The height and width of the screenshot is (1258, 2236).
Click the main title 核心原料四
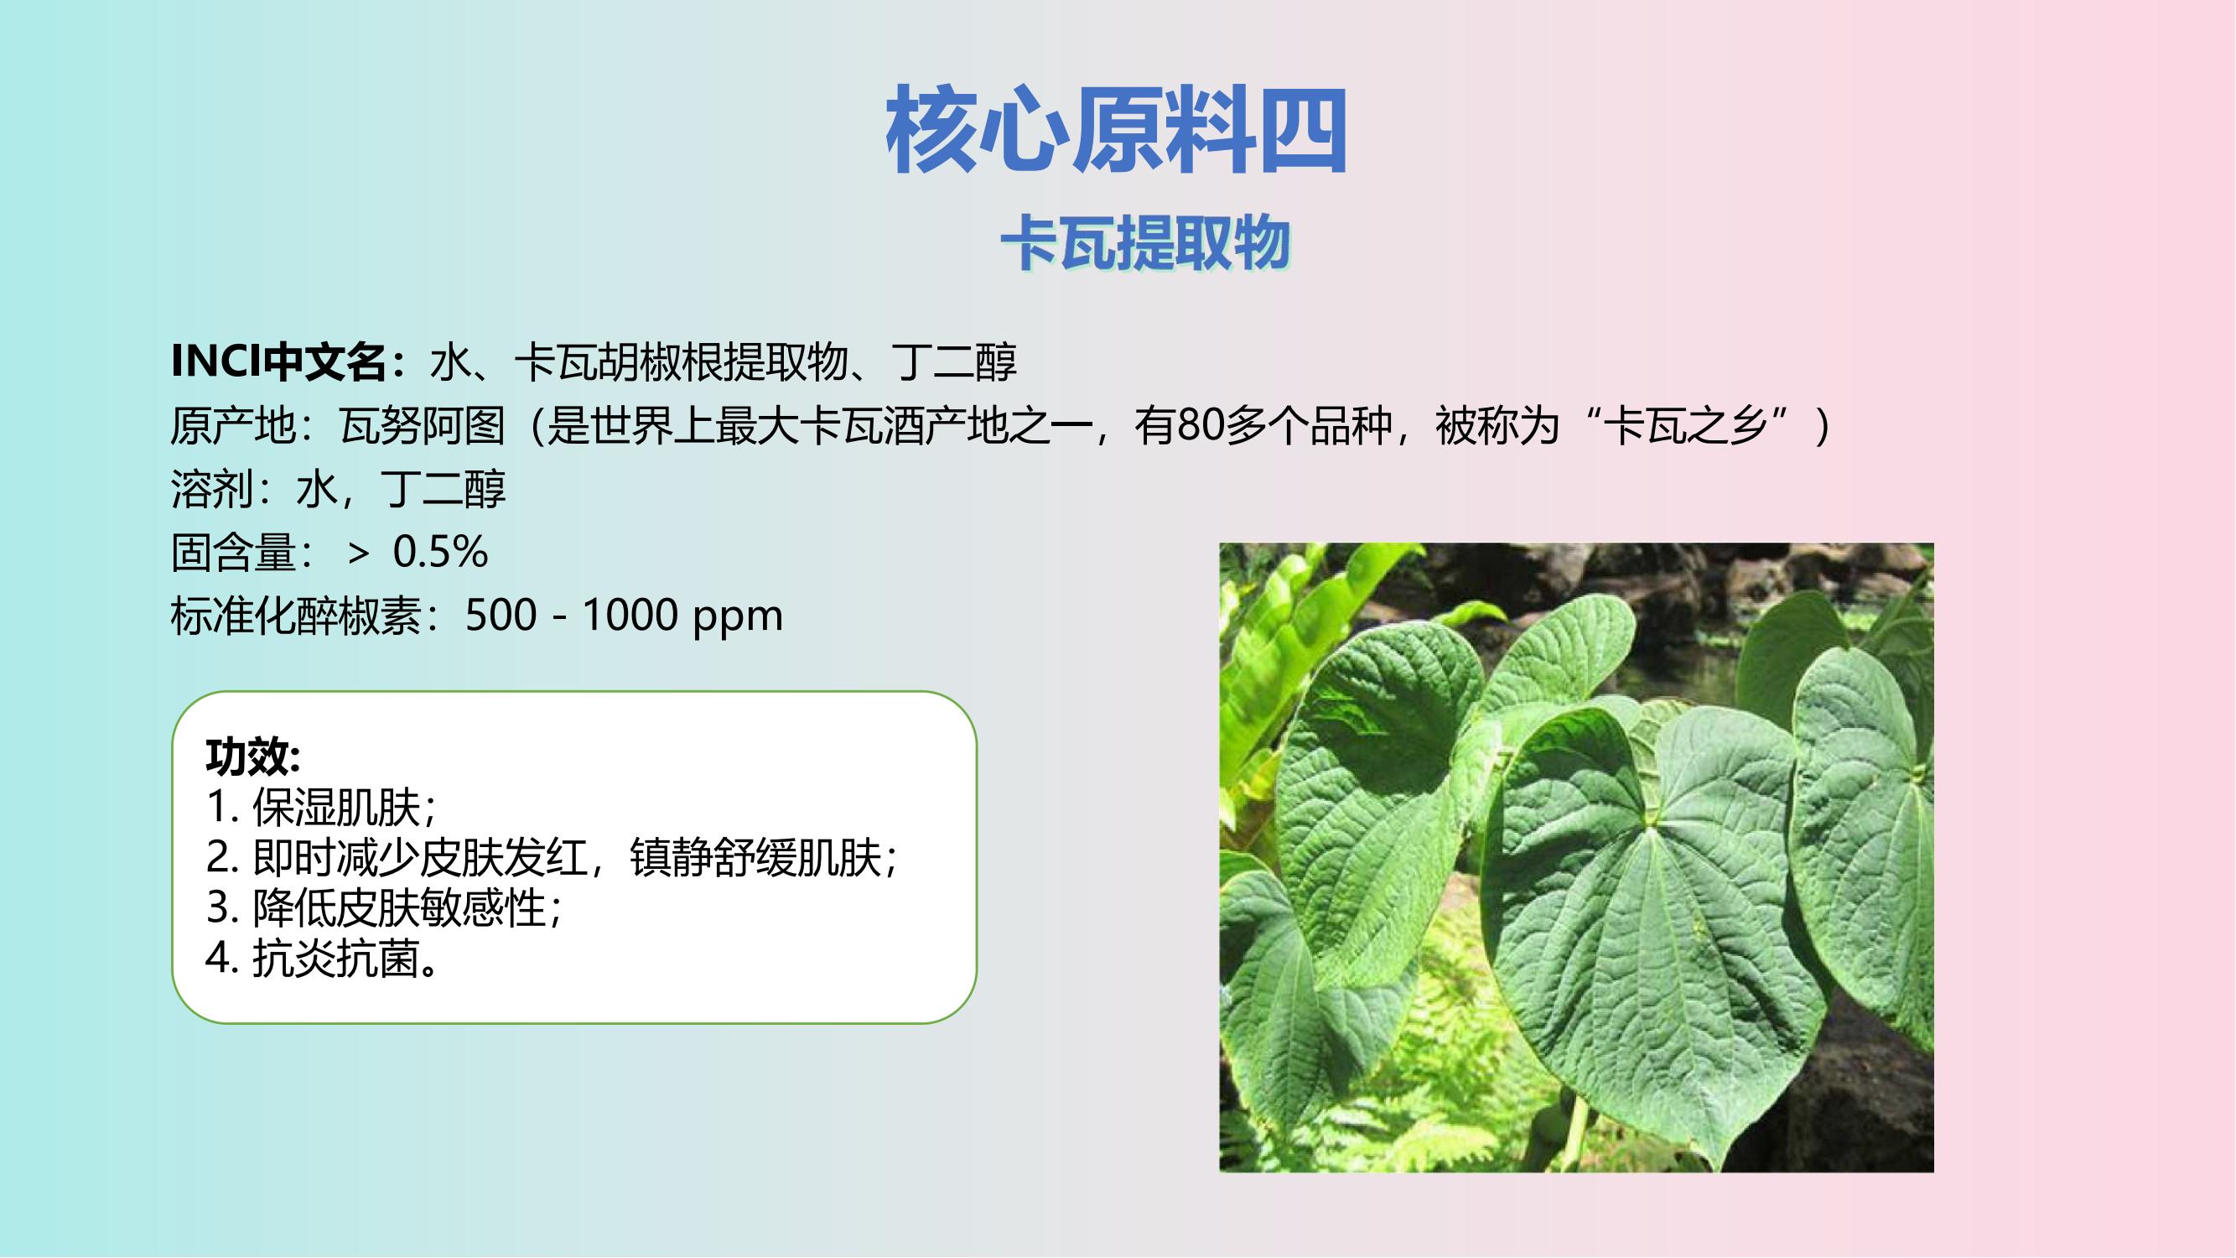pyautogui.click(x=1117, y=129)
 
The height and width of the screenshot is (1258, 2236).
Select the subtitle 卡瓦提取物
pyautogui.click(x=1146, y=243)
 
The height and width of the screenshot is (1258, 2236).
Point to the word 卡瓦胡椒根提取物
pyautogui.click(x=681, y=362)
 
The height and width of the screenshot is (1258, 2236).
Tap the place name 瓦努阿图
pyautogui.click(x=423, y=425)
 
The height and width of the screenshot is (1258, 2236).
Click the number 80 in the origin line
pyautogui.click(x=1200, y=425)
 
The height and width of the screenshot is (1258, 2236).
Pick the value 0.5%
pyautogui.click(x=441, y=552)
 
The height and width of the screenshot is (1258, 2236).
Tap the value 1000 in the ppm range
pyautogui.click(x=630, y=616)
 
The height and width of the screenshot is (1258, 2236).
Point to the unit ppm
pyautogui.click(x=738, y=619)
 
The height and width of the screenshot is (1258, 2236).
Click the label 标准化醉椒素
pyautogui.click(x=296, y=616)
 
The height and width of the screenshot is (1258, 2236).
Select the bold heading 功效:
pyautogui.click(x=253, y=756)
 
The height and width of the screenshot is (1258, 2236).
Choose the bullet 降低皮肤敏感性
pyautogui.click(x=398, y=908)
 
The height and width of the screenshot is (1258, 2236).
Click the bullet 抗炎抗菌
pyautogui.click(x=336, y=959)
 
